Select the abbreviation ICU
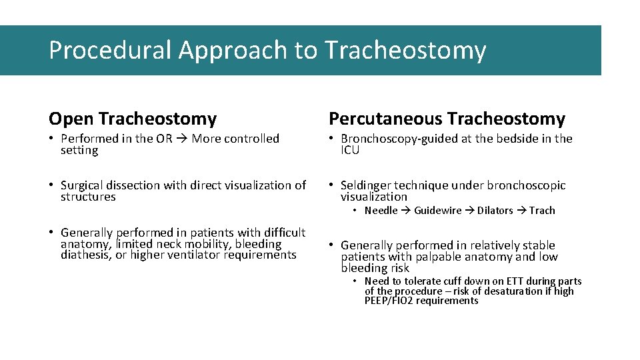tap(350, 151)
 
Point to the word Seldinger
tap(366, 185)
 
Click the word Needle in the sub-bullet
tap(381, 211)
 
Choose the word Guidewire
tap(437, 211)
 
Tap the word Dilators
tap(495, 211)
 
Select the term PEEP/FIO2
tap(389, 301)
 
